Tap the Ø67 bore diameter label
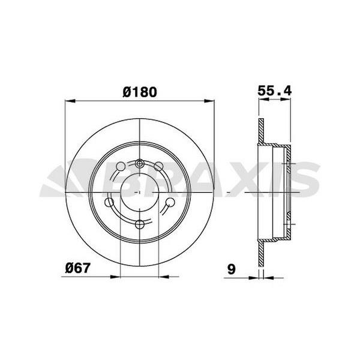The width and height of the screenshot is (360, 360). tap(79, 268)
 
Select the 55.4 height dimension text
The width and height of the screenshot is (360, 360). tap(274, 92)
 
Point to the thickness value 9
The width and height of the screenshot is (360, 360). tap(230, 270)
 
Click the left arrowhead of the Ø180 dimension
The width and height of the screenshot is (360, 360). tap(68, 101)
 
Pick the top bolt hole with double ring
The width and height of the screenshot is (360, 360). tap(139, 164)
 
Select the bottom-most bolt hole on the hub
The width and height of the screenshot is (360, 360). tap(139, 224)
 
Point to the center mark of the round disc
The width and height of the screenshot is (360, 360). tap(139, 192)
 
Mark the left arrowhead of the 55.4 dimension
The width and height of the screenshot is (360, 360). tap(261, 101)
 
